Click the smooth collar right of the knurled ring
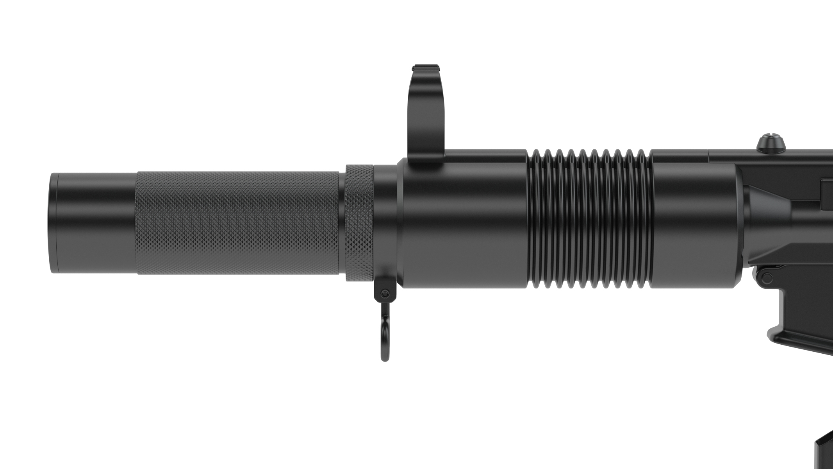pyautogui.click(x=385, y=223)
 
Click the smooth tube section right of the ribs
pyautogui.click(x=695, y=223)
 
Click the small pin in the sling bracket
pyautogui.click(x=385, y=293)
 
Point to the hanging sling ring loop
pyautogui.click(x=385, y=336)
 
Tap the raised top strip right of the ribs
pyautogui.click(x=680, y=156)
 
